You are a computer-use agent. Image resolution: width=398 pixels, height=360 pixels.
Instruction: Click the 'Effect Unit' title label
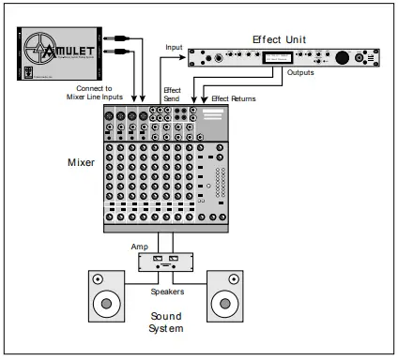[280, 39]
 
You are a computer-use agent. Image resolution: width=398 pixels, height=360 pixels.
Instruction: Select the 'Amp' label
[138, 247]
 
